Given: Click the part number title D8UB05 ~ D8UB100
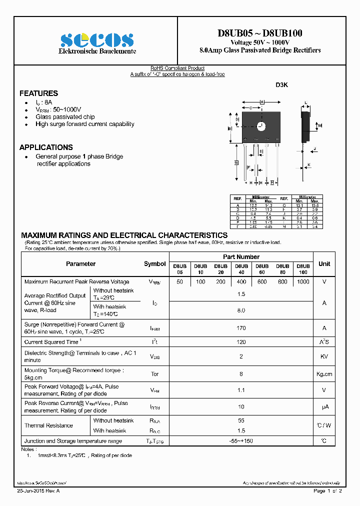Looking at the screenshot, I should click(259, 33).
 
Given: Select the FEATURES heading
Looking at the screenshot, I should click(38, 93).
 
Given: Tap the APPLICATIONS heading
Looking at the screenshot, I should click(46, 147).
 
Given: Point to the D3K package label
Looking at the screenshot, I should click(282, 85).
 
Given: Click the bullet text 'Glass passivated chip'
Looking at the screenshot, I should click(65, 117).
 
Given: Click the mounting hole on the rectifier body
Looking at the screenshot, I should click(260, 125).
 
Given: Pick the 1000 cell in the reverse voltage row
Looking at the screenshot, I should click(303, 282).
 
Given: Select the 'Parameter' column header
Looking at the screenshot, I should click(80, 263).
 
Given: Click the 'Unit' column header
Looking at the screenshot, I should click(324, 263).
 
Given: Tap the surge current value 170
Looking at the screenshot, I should click(241, 328).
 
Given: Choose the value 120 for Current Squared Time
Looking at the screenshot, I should click(241, 342).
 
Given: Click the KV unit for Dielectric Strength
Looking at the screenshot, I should click(324, 356).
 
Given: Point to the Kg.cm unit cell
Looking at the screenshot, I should click(324, 374).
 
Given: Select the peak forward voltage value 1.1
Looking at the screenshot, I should click(241, 390).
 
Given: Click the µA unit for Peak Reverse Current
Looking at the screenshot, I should click(324, 407).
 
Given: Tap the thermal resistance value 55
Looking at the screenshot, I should click(241, 421).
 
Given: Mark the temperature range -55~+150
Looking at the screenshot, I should click(241, 441).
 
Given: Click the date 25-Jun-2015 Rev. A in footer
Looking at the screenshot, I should click(38, 491).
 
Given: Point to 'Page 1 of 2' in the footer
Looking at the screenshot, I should click(327, 491).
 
